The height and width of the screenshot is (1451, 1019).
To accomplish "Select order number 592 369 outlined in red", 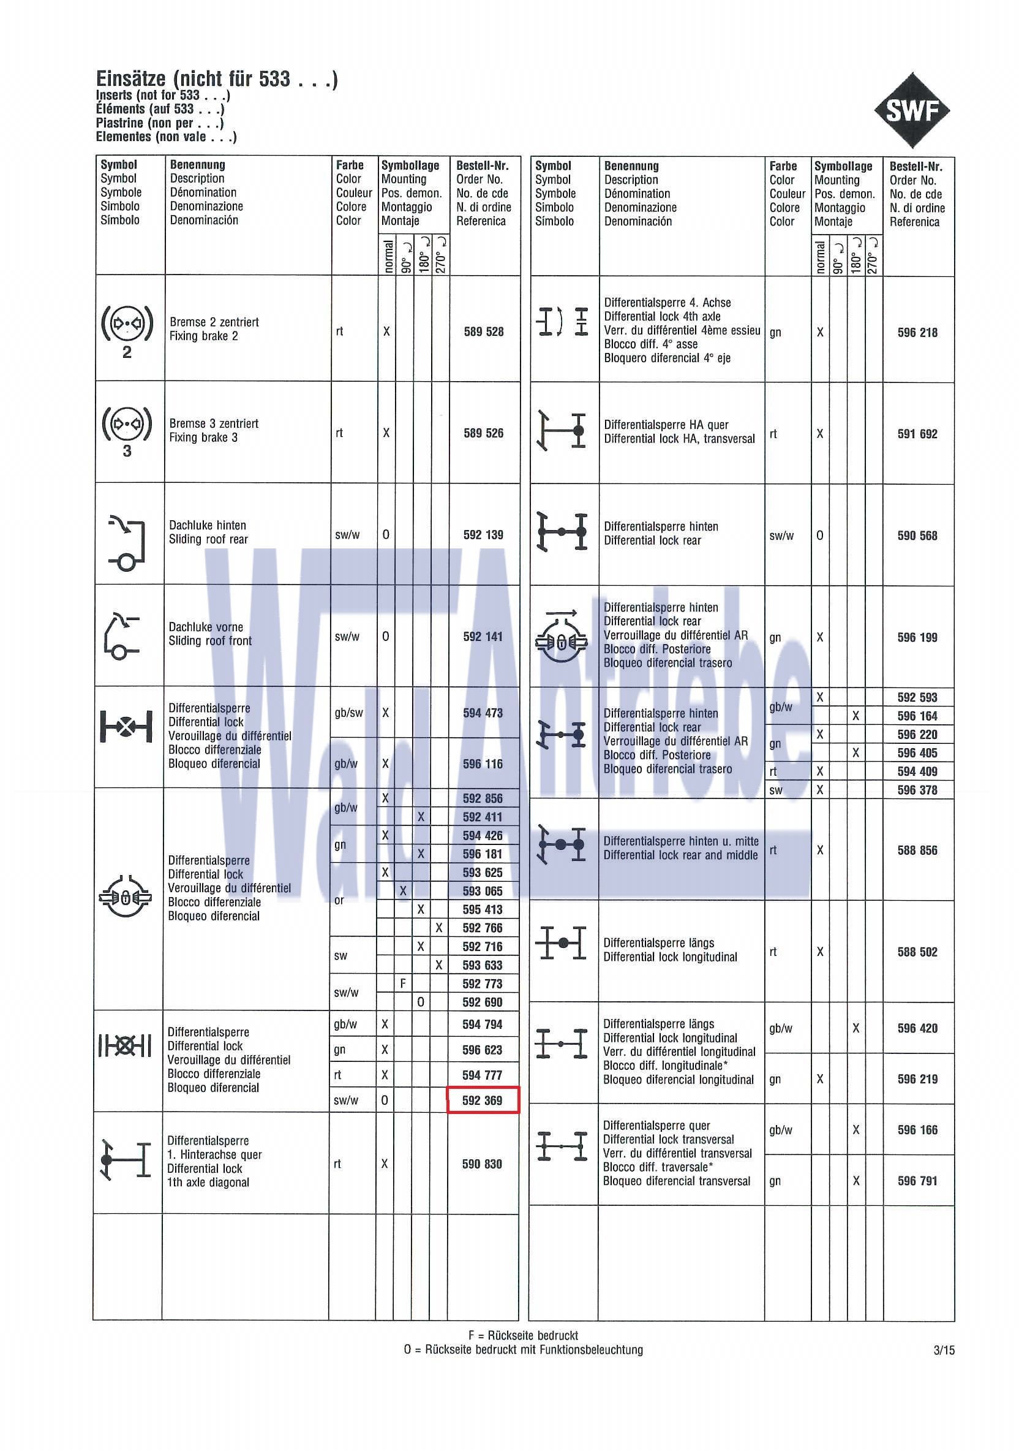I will pos(482,1101).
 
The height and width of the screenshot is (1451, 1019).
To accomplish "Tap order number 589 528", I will pos(483,331).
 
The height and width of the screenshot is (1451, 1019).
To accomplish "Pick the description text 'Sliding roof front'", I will pos(209,641).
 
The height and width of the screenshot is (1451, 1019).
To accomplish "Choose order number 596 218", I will pos(917,332).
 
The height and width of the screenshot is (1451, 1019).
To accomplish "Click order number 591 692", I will pos(917,434).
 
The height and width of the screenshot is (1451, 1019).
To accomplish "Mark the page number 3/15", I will pos(944,1350).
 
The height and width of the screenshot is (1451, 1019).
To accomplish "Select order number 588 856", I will pos(917,850).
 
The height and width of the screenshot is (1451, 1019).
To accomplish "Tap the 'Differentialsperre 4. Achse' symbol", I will pos(562,322).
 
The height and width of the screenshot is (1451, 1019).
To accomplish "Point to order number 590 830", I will pos(482,1164).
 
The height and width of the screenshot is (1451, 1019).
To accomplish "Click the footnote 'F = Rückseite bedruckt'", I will pos(523,1335).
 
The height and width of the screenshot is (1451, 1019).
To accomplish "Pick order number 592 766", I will pos(482,928).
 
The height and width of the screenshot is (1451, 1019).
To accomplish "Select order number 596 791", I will pos(917,1181).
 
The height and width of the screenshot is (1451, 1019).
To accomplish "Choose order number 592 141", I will pos(483,637).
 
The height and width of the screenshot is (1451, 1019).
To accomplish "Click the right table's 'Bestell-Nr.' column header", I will pos(916,167).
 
